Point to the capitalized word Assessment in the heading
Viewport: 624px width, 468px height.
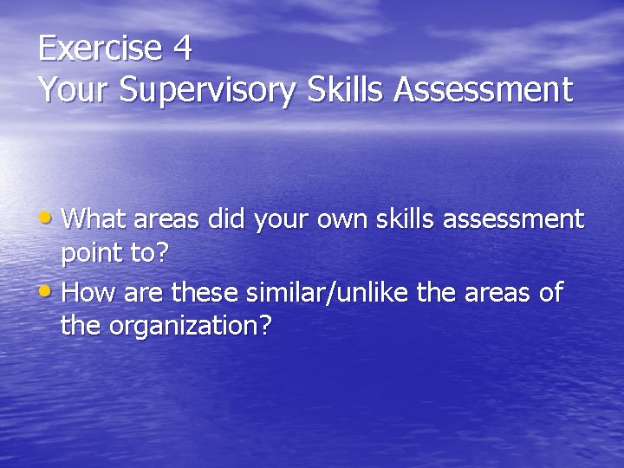tap(483, 89)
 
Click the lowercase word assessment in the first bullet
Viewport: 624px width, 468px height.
tap(514, 219)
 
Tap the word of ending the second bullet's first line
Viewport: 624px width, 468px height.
tap(550, 292)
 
